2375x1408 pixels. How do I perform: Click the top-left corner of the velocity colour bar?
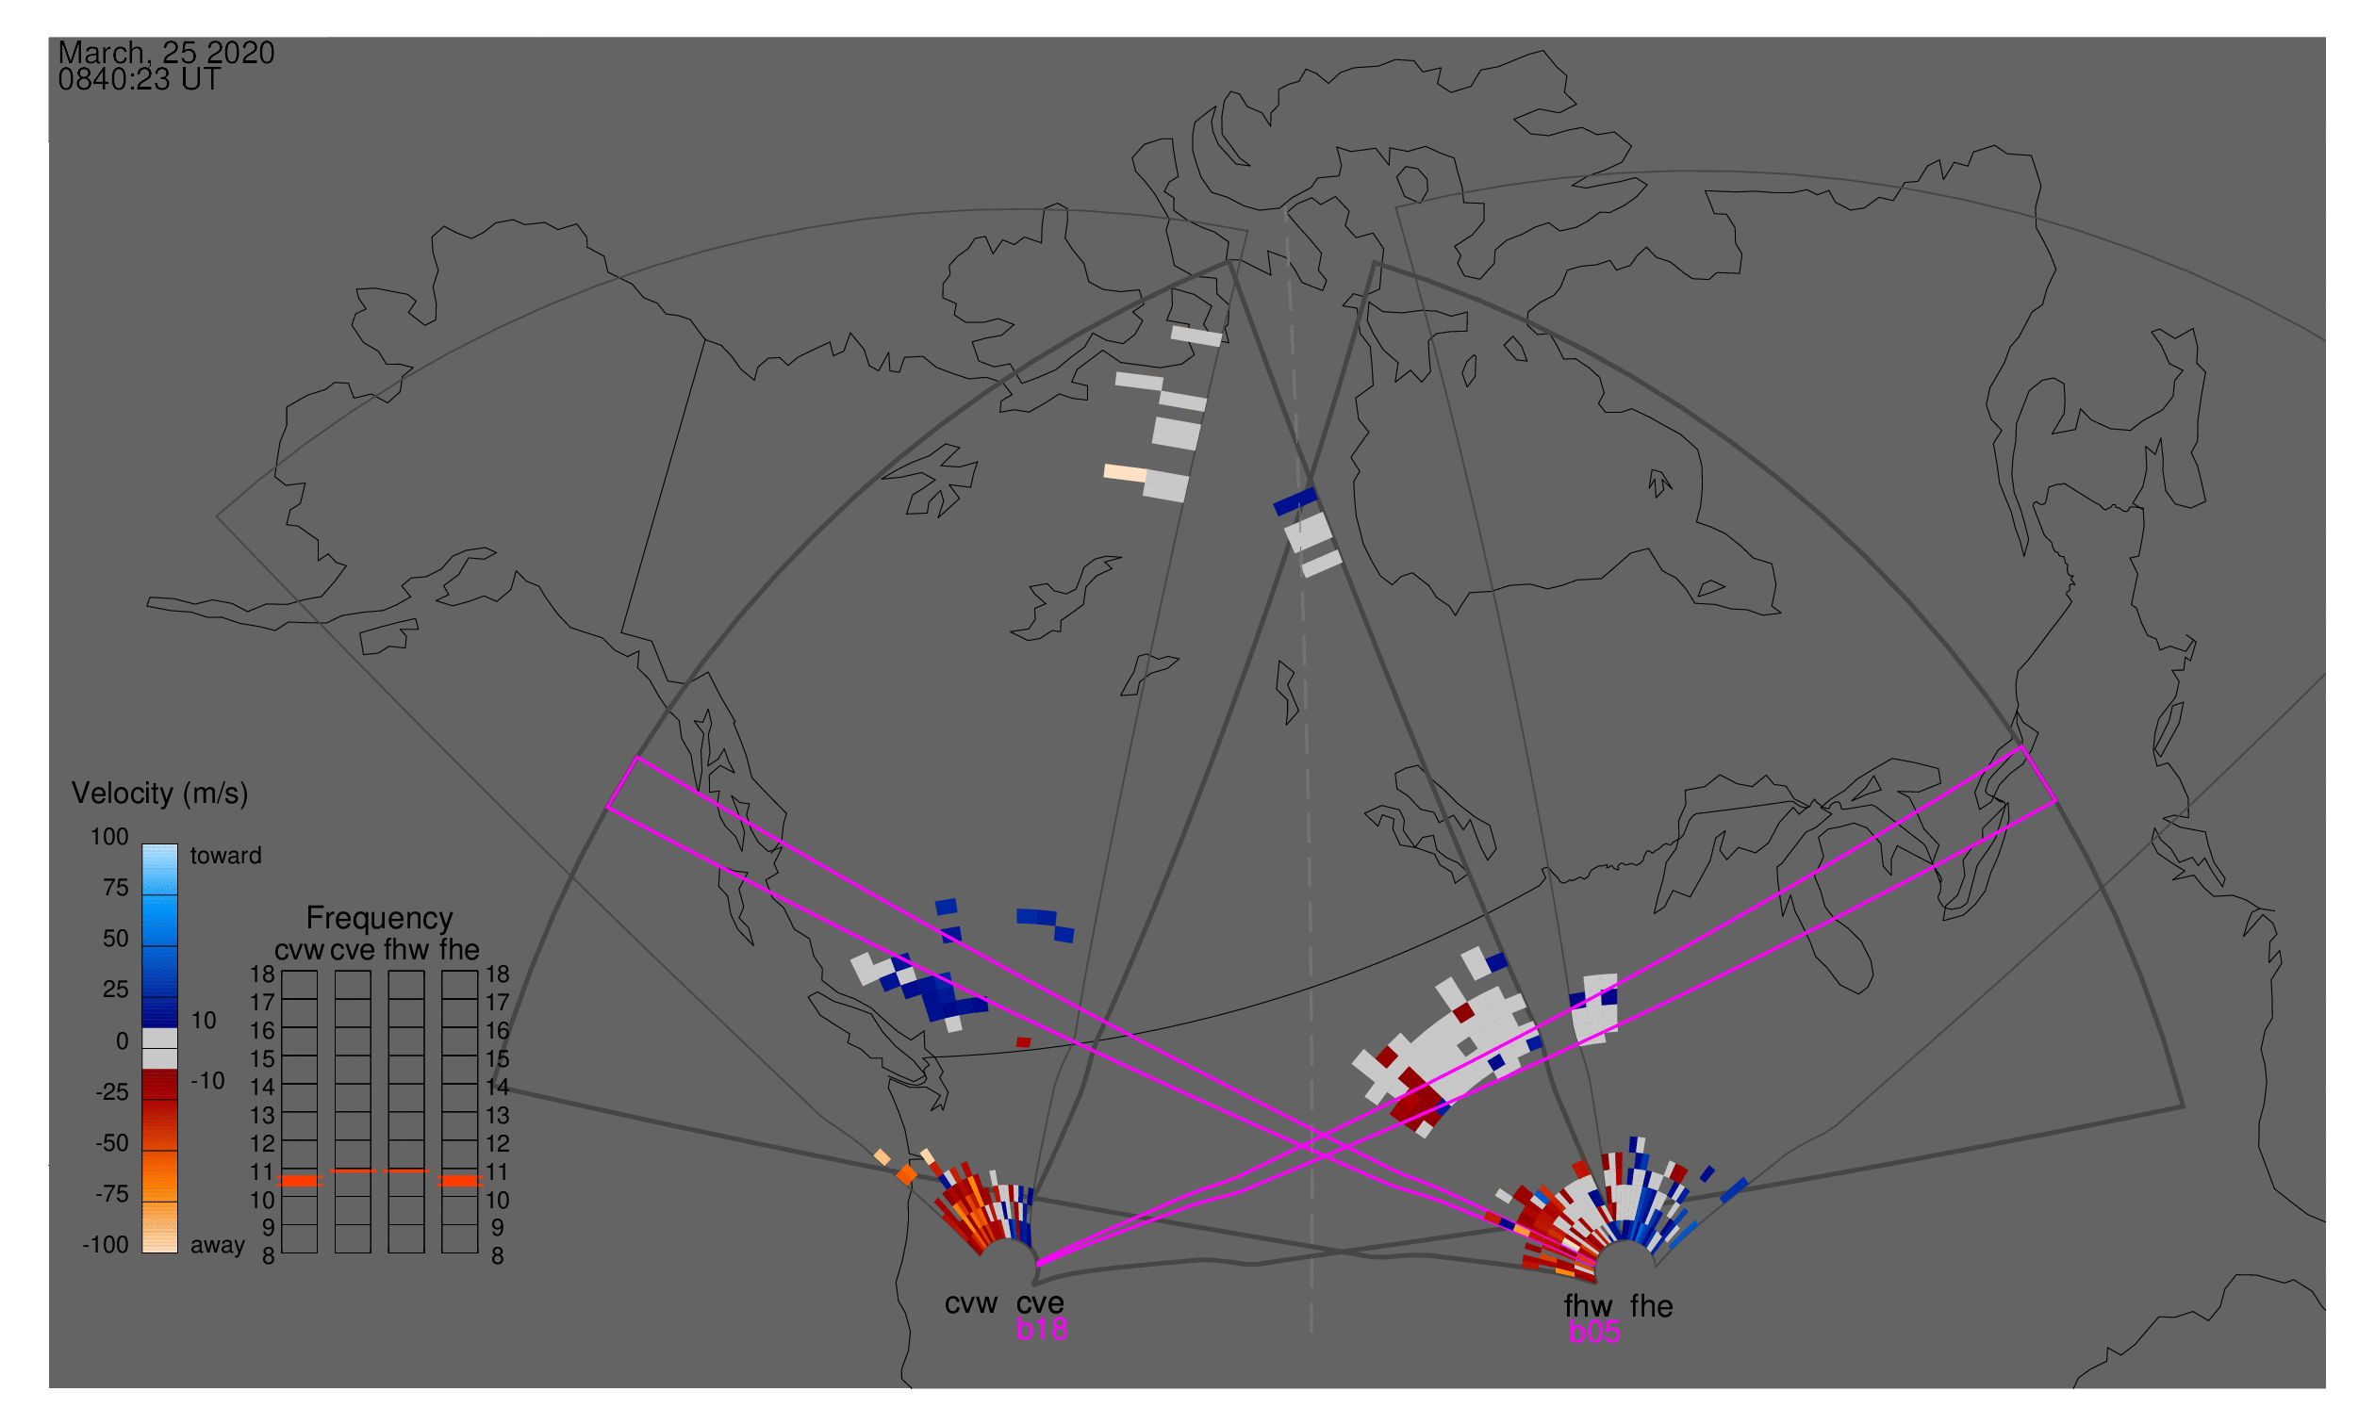pos(142,844)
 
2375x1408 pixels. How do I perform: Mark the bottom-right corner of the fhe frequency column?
pos(477,1253)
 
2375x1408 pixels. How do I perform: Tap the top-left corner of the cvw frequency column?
pos(282,972)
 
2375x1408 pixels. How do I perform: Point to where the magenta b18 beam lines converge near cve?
pos(1037,1264)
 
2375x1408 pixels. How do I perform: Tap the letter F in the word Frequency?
pos(314,919)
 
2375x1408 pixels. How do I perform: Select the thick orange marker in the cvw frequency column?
pos(300,1181)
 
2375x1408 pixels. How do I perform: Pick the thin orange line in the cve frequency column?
pos(354,1171)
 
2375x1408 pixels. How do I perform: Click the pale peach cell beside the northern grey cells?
pos(1125,472)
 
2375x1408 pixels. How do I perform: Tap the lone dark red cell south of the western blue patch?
pos(1023,1042)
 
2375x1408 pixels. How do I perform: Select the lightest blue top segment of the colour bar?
pos(159,869)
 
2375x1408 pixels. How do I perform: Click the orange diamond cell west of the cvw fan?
pos(906,1174)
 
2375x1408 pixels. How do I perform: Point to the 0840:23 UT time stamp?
pos(139,80)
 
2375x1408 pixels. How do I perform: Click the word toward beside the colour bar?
pos(226,856)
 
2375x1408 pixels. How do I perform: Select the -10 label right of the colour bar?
pos(206,1081)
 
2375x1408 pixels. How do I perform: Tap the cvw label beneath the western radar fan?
pos(970,1303)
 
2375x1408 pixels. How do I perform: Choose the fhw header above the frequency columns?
pos(406,950)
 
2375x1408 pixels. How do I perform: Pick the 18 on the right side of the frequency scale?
pos(498,974)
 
